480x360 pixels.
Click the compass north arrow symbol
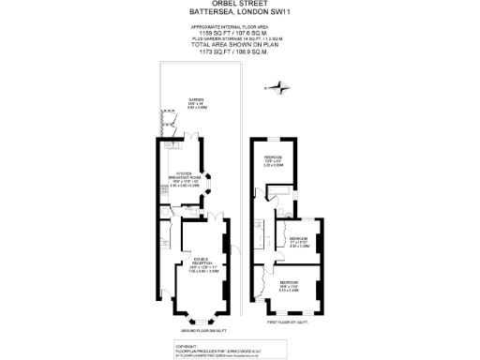(x=276, y=88)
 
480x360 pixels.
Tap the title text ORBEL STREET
(x=239, y=5)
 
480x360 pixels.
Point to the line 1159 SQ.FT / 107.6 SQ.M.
(x=239, y=33)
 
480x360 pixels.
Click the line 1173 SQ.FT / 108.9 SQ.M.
(x=239, y=51)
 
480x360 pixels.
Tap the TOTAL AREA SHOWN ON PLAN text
(x=239, y=44)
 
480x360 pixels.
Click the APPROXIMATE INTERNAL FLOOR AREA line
(x=239, y=26)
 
